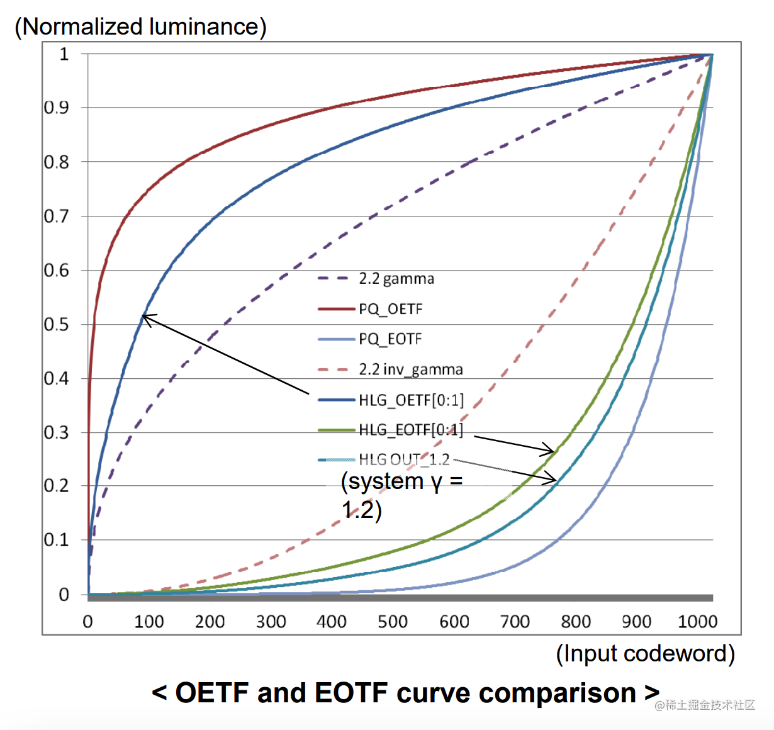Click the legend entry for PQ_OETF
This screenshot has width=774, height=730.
pos(390,309)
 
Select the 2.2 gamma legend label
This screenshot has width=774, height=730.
pos(396,279)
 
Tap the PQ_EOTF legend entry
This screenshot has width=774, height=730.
pos(390,339)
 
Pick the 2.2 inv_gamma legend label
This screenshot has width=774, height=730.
pos(410,369)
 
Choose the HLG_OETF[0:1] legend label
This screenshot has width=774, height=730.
pos(411,400)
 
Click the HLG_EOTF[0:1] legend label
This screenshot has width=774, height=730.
pos(411,430)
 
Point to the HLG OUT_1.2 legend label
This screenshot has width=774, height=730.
pos(404,460)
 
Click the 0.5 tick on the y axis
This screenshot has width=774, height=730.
pos(56,325)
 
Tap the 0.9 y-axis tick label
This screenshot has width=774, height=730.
pos(56,108)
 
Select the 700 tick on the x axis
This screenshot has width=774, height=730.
pos(514,622)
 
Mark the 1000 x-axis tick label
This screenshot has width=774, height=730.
pos(697,622)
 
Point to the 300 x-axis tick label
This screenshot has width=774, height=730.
pos(271,622)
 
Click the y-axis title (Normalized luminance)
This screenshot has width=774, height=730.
pos(140,26)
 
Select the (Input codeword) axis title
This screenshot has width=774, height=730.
pos(645,653)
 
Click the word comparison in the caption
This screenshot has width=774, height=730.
pos(557,693)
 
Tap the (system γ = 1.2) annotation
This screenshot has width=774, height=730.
pos(401,495)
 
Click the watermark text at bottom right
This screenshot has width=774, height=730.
pos(705,705)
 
